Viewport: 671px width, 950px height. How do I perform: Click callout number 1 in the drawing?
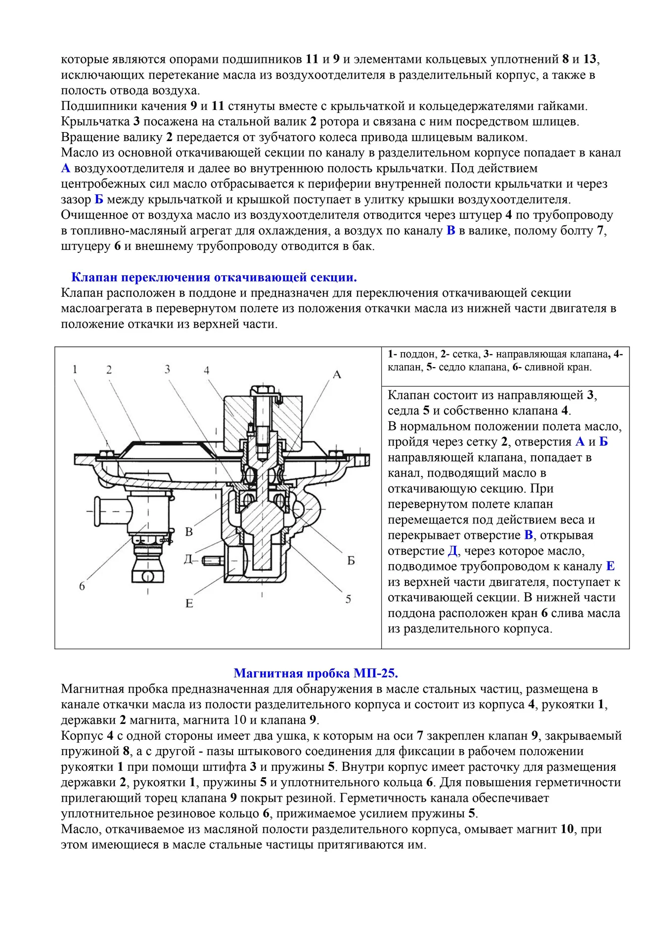tap(75, 369)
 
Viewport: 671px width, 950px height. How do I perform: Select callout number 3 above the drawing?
tap(168, 369)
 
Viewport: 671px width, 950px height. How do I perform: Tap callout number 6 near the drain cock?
tap(82, 586)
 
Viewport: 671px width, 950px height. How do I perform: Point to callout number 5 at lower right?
tap(348, 599)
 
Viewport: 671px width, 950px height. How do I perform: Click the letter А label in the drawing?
tap(337, 375)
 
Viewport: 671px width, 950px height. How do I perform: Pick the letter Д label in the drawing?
tap(188, 560)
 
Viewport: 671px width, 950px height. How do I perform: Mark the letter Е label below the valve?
tap(189, 603)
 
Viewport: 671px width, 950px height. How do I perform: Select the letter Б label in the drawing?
tap(351, 561)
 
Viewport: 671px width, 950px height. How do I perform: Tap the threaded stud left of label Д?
tap(212, 561)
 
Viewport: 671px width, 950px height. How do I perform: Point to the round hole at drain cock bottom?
tap(147, 576)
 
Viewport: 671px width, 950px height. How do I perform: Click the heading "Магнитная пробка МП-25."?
tap(315, 673)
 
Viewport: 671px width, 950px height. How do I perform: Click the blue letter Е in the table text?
tap(610, 566)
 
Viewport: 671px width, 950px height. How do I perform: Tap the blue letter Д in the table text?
tap(452, 551)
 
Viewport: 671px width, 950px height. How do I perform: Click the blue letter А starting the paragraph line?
tap(66, 168)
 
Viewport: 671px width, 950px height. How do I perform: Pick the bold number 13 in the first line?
tap(589, 59)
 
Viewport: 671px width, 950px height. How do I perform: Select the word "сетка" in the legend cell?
tap(465, 354)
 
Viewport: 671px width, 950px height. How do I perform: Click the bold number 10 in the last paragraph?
tap(567, 829)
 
